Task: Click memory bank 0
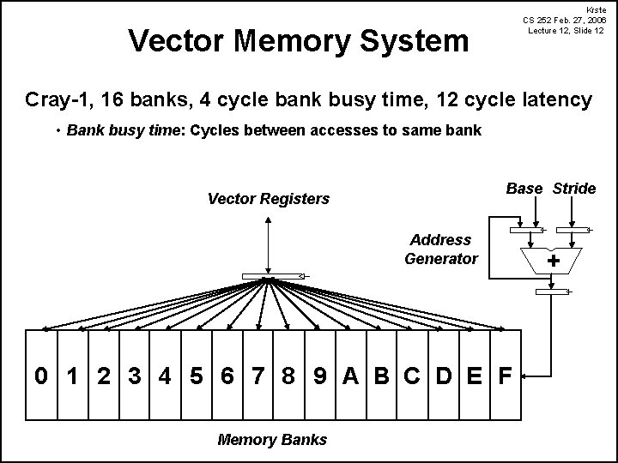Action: point(41,376)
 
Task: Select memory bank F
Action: point(506,376)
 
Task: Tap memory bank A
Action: point(351,376)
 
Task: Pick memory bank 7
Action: point(258,376)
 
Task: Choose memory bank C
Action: point(412,376)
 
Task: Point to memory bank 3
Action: point(135,376)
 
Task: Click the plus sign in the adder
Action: point(554,261)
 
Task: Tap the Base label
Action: point(524,189)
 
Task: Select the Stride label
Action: point(574,189)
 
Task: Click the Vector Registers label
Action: point(269,199)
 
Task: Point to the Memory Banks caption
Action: point(272,439)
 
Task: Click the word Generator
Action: point(441,259)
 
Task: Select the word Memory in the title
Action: point(292,41)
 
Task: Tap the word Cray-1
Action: point(60,99)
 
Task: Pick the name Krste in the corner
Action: point(596,10)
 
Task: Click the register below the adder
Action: point(552,292)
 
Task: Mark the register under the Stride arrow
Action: point(573,230)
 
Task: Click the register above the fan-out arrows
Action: point(273,276)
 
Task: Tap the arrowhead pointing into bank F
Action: point(524,376)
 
